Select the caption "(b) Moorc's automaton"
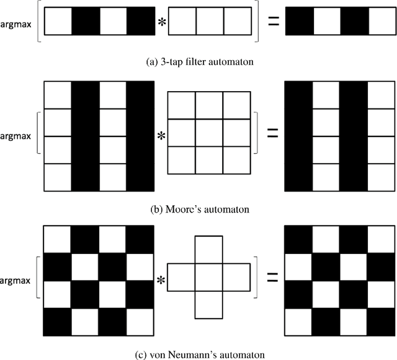198,209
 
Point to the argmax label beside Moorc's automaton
18,135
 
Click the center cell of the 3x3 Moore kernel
209,133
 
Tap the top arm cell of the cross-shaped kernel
209,249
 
